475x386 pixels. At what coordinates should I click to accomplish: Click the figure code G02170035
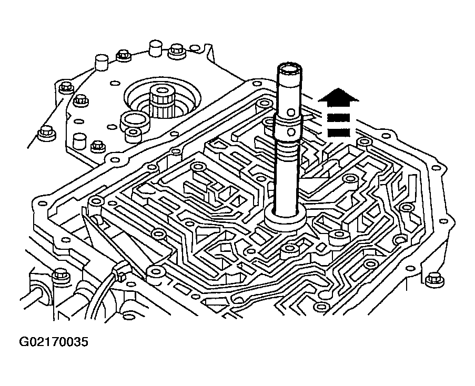pos(54,342)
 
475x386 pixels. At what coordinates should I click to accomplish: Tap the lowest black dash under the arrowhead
pos(339,133)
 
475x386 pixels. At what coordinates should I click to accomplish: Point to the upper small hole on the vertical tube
pos(291,113)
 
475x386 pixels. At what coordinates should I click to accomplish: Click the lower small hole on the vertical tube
pos(291,132)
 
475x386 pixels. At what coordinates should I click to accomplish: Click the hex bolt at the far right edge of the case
pos(434,279)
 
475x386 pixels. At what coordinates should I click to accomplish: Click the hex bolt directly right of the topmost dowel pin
pos(176,51)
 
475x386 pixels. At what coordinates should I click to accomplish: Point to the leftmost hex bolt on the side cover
pos(47,133)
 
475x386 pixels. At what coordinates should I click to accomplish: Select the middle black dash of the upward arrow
pos(339,117)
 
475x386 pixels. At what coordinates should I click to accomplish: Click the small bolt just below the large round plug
pos(133,135)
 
